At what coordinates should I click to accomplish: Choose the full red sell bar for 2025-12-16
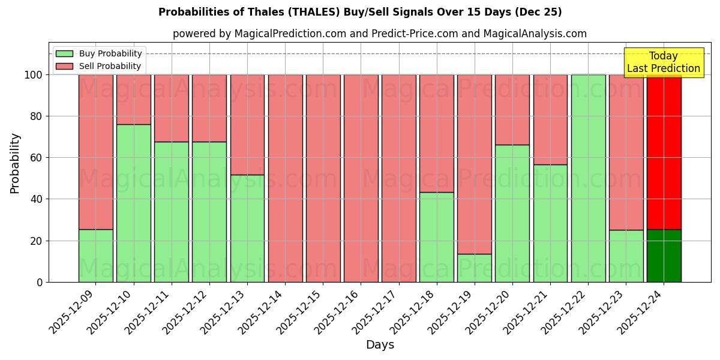361,178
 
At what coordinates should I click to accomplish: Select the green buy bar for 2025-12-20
512,213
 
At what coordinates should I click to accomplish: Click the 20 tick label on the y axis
37,241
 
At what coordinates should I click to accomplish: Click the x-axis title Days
380,345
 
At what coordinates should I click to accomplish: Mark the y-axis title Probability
16,163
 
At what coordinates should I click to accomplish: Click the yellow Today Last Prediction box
664,62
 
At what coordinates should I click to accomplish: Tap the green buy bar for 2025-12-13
247,228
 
